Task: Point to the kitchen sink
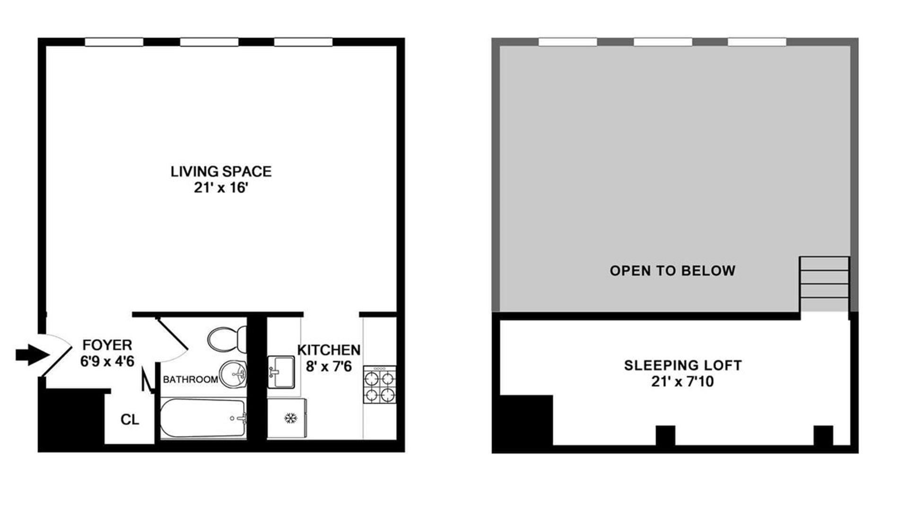click(x=281, y=372)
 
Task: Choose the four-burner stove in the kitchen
click(x=380, y=384)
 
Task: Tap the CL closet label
click(x=130, y=420)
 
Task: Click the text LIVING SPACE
click(x=221, y=171)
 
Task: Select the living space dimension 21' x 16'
click(x=221, y=188)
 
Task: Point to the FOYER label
click(x=107, y=345)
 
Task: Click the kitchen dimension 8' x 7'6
click(x=329, y=366)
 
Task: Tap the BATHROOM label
click(x=190, y=379)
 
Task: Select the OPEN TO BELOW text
click(x=672, y=271)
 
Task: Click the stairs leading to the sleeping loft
click(x=824, y=284)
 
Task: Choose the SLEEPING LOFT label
click(x=683, y=365)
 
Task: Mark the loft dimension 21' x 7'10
click(x=682, y=381)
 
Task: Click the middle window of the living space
click(x=209, y=42)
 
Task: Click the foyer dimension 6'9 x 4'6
click(x=107, y=361)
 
